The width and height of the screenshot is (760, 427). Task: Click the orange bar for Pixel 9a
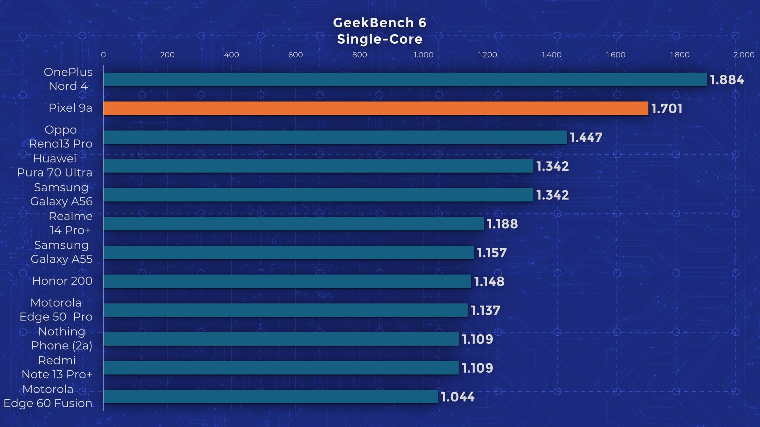pos(375,108)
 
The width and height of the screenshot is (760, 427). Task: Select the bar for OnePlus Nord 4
pos(405,80)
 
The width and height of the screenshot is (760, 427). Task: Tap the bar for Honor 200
pos(287,281)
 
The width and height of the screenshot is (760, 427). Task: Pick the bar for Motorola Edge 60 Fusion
pos(271,397)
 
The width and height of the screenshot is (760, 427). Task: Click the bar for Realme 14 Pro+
pos(293,224)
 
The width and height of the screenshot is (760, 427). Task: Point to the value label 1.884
pos(727,80)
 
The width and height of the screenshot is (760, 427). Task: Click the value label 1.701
pos(667,109)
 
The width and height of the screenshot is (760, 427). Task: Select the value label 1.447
pos(586,138)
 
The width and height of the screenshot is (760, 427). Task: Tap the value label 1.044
pos(458,397)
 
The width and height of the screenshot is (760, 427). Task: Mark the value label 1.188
pos(502,224)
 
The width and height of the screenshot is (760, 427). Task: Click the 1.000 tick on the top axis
pos(423,55)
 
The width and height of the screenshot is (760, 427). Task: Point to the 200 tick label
pos(167,55)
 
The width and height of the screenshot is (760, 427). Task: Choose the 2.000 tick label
pos(744,55)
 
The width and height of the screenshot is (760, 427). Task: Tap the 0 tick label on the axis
pos(103,55)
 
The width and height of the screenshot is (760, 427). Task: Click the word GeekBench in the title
pos(373,23)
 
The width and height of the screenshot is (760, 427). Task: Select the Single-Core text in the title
pos(380,39)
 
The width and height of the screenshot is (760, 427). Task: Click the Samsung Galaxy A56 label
pos(61,194)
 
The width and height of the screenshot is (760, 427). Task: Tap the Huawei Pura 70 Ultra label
pos(55,166)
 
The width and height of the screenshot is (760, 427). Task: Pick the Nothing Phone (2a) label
pos(62,339)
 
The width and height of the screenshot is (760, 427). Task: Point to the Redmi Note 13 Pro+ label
pos(57,367)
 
